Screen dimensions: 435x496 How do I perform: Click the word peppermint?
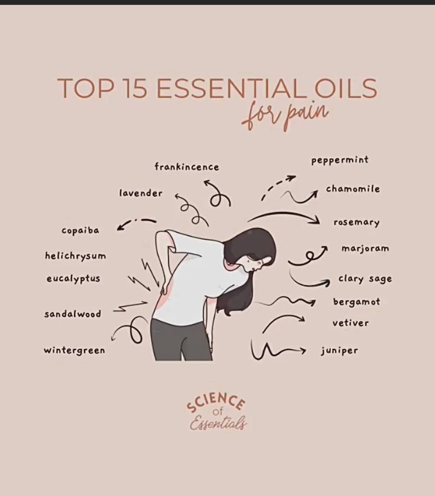click(340, 160)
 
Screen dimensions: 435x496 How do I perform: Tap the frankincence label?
click(187, 167)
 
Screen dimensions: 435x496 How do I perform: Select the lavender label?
click(141, 193)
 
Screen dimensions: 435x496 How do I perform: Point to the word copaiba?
click(81, 231)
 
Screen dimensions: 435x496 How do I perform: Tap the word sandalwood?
click(73, 314)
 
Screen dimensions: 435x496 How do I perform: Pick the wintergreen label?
click(74, 350)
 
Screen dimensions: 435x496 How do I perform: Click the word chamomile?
click(353, 189)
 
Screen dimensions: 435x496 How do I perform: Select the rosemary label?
click(356, 223)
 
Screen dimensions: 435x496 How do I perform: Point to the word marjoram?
click(365, 249)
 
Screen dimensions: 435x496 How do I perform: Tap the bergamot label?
click(356, 302)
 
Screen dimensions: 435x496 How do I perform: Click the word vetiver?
click(350, 323)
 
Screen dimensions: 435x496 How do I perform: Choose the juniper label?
click(339, 351)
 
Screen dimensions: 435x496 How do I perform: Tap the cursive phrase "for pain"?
click(285, 115)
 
